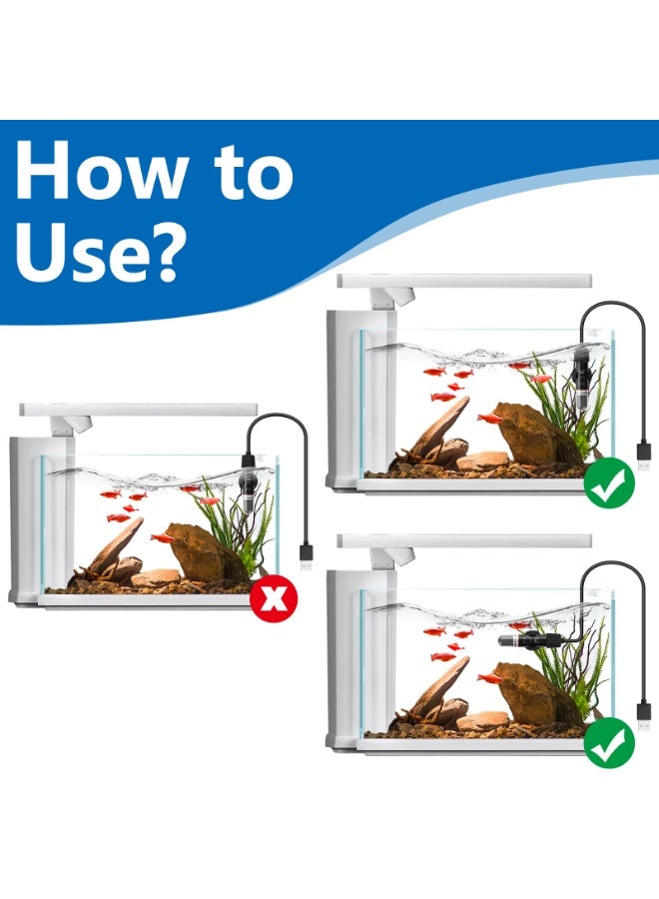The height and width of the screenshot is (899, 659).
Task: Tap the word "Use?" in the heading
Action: [x=101, y=253]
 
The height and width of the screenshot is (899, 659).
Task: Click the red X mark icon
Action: [x=274, y=598]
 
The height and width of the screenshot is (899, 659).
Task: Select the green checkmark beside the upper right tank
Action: [x=609, y=482]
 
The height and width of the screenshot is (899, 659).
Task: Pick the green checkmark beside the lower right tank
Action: [x=609, y=742]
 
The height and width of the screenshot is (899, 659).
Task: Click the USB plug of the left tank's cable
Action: [x=306, y=557]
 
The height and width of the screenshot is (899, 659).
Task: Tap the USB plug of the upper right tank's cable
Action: [x=644, y=455]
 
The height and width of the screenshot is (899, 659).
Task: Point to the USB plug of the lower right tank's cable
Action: [x=644, y=716]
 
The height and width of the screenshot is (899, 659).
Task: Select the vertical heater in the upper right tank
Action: [x=581, y=379]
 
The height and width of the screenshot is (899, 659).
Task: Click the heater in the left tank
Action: [x=248, y=484]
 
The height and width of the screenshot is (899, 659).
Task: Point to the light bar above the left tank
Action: [x=139, y=410]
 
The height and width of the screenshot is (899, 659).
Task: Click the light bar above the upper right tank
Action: [x=464, y=281]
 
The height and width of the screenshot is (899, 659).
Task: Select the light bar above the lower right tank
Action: [x=464, y=540]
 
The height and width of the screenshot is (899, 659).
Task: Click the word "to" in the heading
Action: [x=254, y=172]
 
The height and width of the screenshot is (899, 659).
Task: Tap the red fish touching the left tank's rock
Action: [x=162, y=537]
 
